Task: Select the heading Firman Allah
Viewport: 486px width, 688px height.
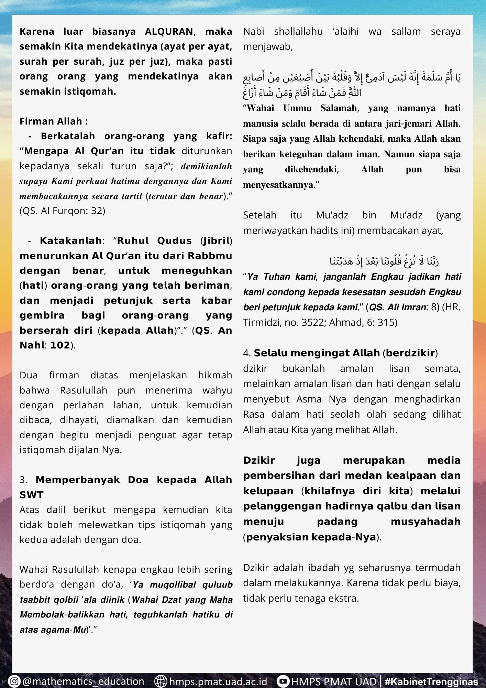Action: pos(53,121)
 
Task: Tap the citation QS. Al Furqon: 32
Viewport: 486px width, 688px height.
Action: pos(63,211)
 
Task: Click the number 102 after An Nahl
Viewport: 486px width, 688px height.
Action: pos(60,345)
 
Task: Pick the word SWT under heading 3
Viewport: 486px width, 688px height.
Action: pos(32,495)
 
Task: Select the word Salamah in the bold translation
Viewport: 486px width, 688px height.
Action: pos(339,108)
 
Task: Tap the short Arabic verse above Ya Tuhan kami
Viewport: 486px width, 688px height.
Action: pos(384,261)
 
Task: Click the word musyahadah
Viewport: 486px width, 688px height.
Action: pos(426,522)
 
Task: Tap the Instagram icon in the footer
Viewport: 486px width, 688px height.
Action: pos(14,681)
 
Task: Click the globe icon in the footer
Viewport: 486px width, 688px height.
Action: pos(161,681)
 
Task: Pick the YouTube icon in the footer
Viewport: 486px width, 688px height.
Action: pos(283,681)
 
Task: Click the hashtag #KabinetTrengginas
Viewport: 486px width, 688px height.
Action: pos(431,682)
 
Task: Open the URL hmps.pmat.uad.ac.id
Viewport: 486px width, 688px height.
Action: pos(218,681)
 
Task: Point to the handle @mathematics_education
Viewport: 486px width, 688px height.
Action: pos(83,681)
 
